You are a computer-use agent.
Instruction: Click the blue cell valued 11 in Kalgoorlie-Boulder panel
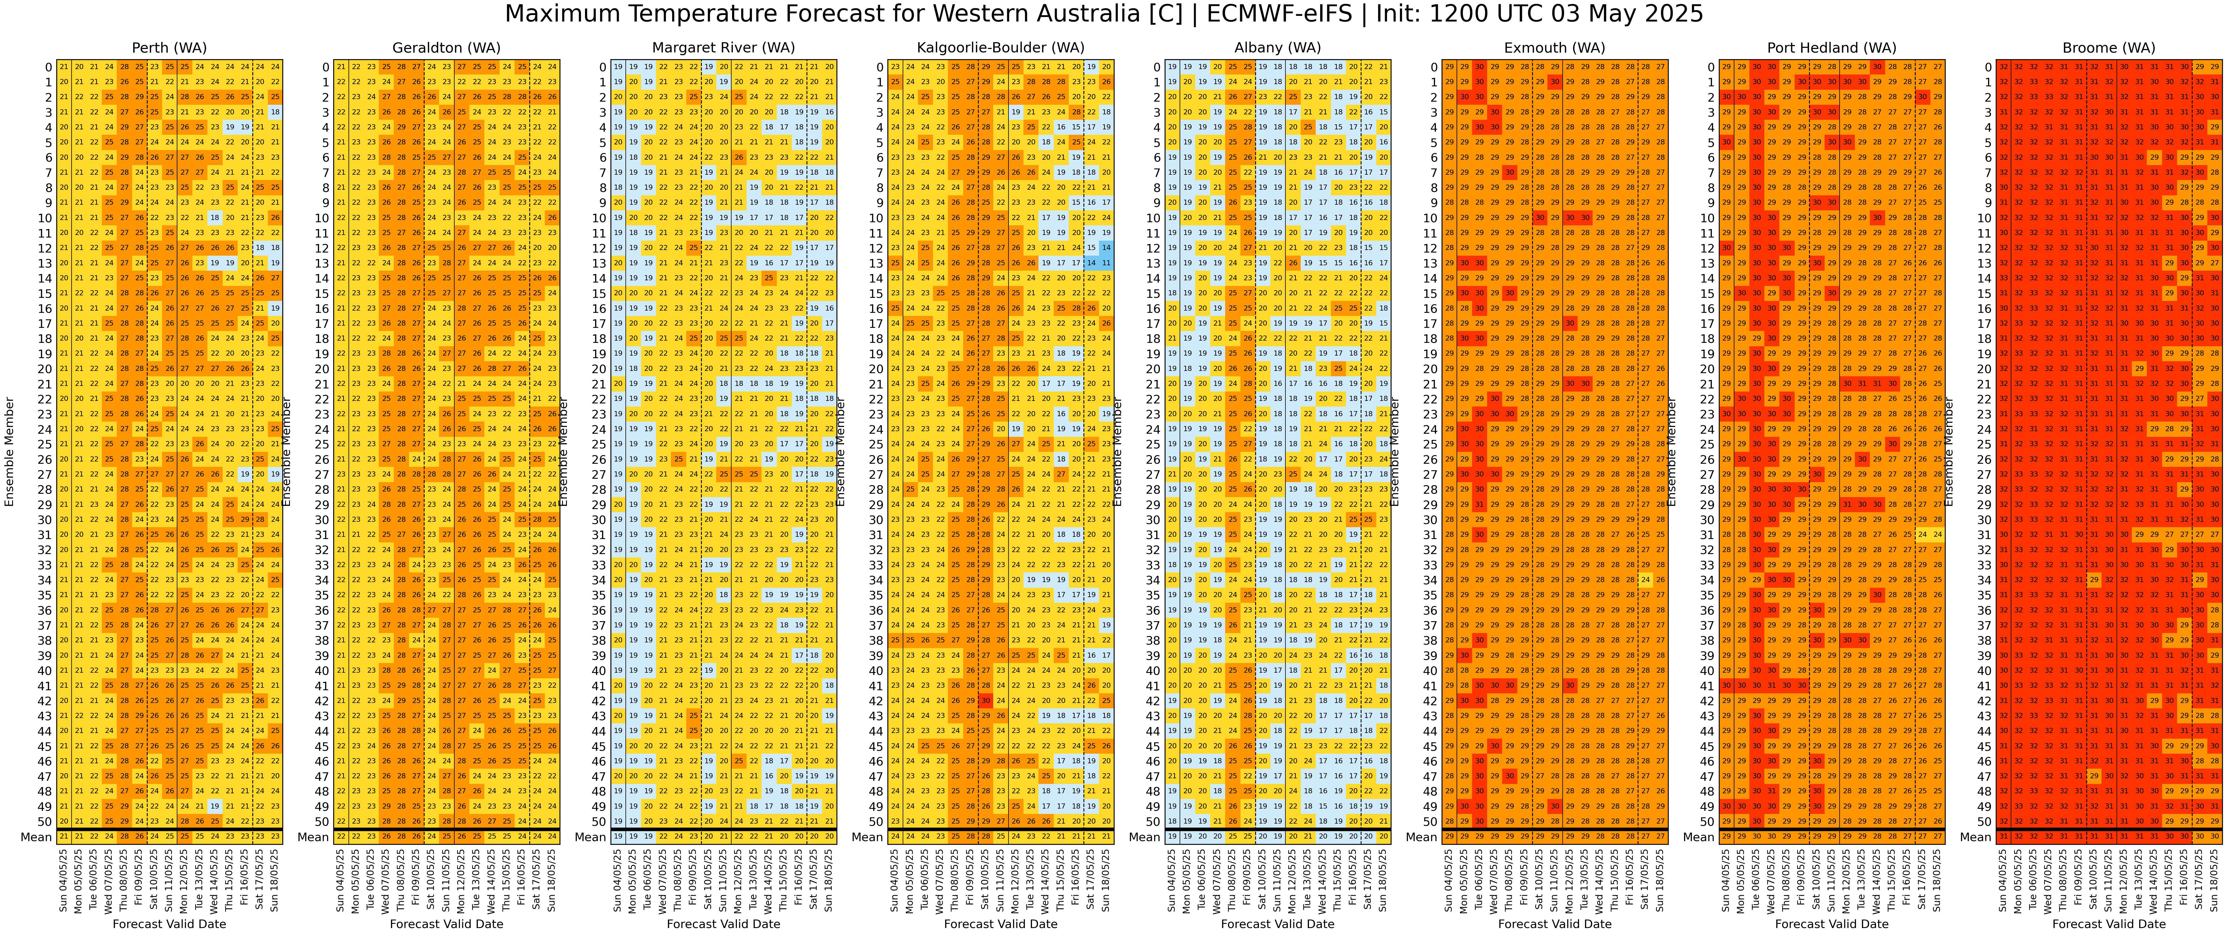point(1106,263)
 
